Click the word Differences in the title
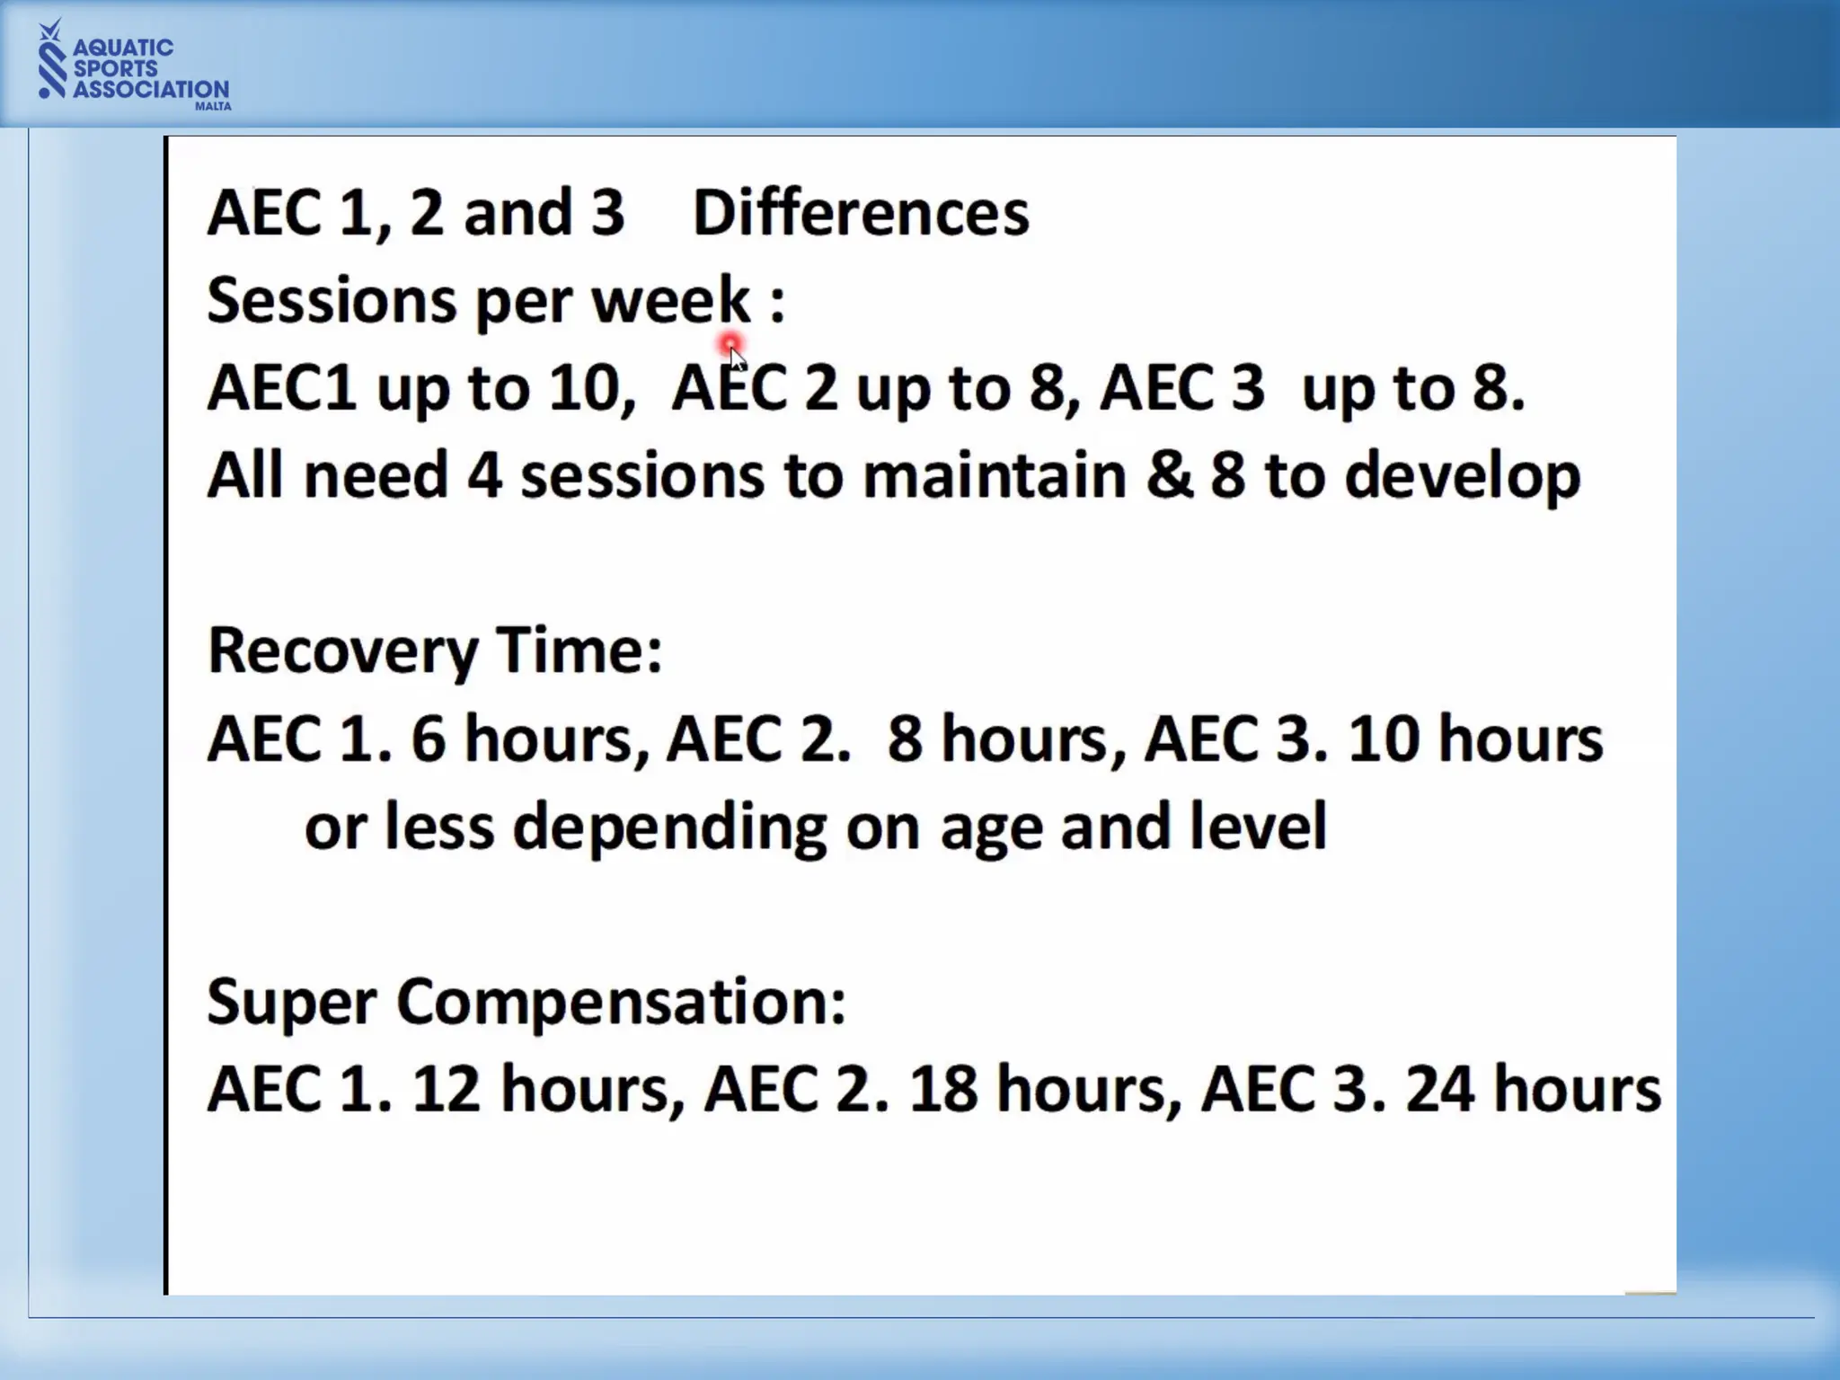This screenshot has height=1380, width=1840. point(861,214)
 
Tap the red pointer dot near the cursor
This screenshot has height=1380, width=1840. point(729,343)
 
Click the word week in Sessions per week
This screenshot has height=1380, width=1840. point(670,300)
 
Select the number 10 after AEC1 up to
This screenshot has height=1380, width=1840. point(585,389)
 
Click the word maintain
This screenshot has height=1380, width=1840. point(994,475)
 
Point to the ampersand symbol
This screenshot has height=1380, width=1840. point(1169,475)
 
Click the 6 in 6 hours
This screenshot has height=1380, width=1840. point(429,739)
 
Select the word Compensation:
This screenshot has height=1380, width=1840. point(621,1003)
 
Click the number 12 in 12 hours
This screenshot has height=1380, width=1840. point(445,1090)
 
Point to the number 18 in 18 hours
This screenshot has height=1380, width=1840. point(942,1090)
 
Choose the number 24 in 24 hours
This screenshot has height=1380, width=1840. point(1439,1090)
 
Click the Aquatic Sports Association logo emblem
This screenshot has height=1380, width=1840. point(52,60)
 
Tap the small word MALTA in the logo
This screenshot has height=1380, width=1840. point(213,106)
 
